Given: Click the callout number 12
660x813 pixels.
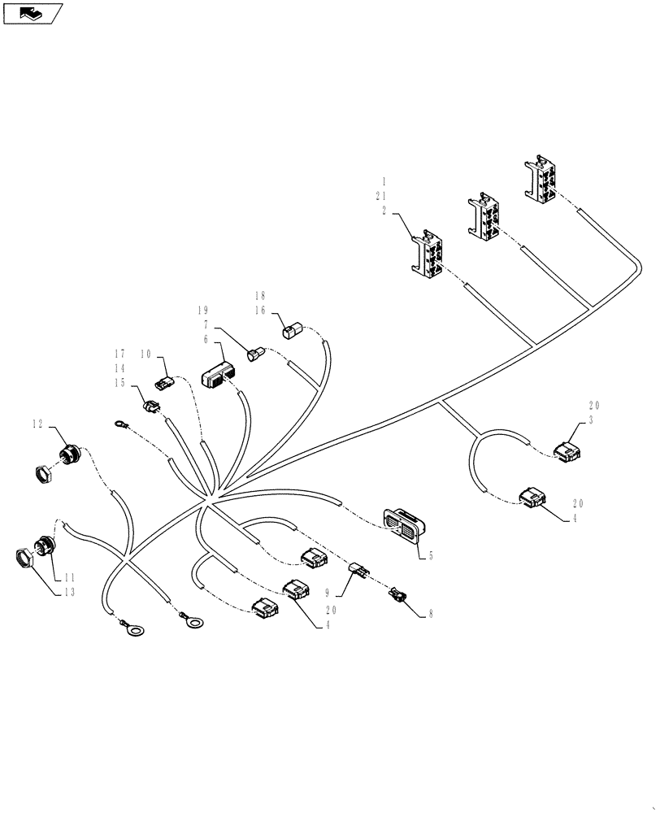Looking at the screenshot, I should click(x=37, y=424).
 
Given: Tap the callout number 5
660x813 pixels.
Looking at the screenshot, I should click(x=430, y=556).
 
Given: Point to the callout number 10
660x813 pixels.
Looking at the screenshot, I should click(x=145, y=354).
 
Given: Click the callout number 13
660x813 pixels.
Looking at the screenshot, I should click(x=68, y=593).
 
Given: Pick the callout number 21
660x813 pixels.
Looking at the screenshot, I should click(x=382, y=196).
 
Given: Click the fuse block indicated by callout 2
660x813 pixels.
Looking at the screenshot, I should click(x=427, y=257).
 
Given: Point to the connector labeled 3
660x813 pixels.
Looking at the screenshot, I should click(x=567, y=450).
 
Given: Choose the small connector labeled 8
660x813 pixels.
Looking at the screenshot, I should click(x=397, y=598).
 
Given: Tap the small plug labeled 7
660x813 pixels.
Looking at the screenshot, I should click(x=257, y=354).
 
